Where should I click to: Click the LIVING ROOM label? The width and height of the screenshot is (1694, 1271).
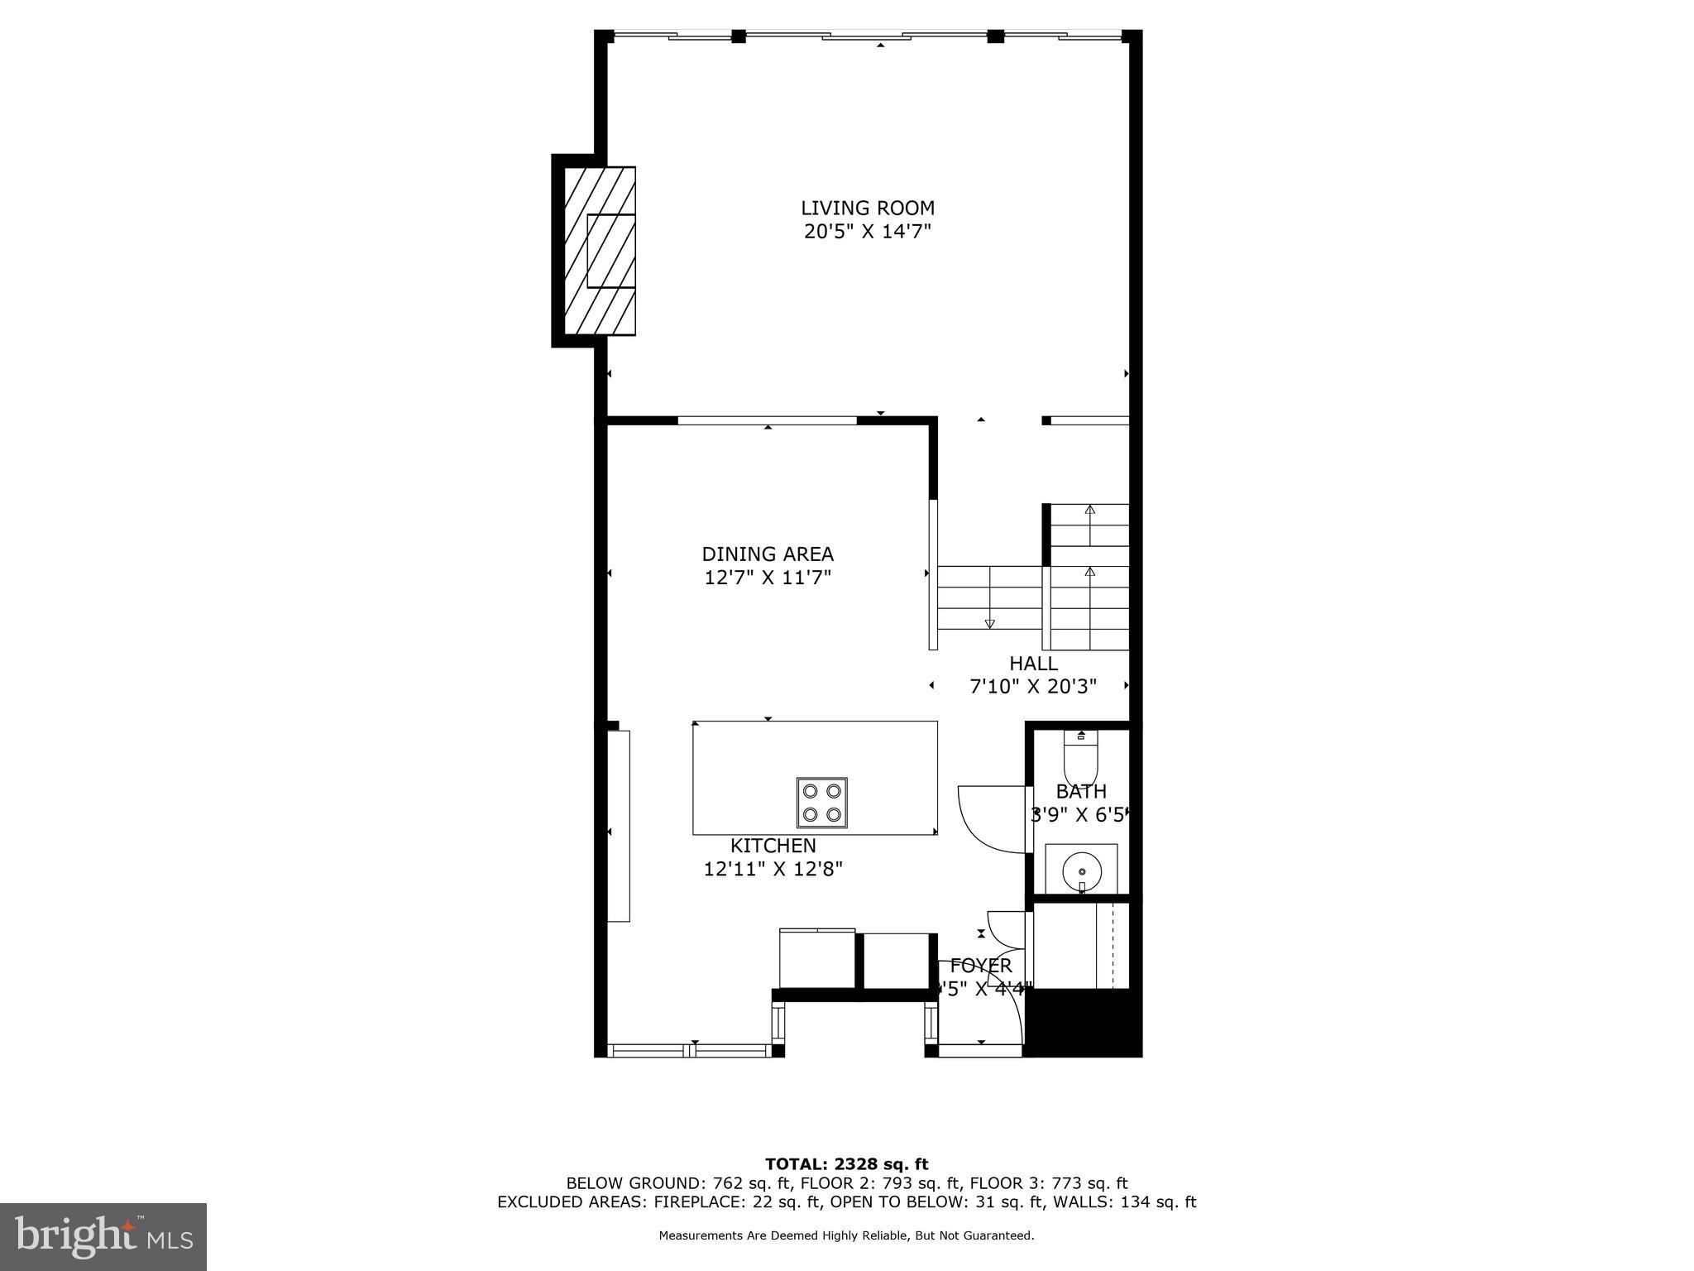click(x=867, y=208)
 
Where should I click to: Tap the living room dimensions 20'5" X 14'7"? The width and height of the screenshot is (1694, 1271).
click(x=867, y=232)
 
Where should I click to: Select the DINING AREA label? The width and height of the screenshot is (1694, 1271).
click(x=768, y=554)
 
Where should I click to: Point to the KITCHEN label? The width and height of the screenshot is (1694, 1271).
click(x=773, y=846)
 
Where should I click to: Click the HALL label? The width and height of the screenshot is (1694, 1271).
click(x=1033, y=663)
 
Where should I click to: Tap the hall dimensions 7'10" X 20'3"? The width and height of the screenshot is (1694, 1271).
click(x=1033, y=686)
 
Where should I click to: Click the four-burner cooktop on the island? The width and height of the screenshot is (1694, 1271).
click(x=821, y=803)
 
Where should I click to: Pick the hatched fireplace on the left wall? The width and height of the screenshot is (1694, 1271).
click(x=600, y=251)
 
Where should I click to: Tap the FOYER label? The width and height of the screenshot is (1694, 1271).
click(x=981, y=966)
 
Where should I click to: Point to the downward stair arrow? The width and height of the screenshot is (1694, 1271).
click(x=989, y=623)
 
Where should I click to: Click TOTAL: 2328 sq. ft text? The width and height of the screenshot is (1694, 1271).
click(x=846, y=1164)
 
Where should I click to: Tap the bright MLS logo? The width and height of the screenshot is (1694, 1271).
click(x=103, y=1236)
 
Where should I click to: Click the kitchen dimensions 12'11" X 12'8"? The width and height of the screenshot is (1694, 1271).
click(x=773, y=869)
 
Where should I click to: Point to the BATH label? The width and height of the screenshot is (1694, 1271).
click(x=1080, y=792)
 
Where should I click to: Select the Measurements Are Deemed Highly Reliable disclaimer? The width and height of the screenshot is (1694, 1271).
click(x=846, y=1235)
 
